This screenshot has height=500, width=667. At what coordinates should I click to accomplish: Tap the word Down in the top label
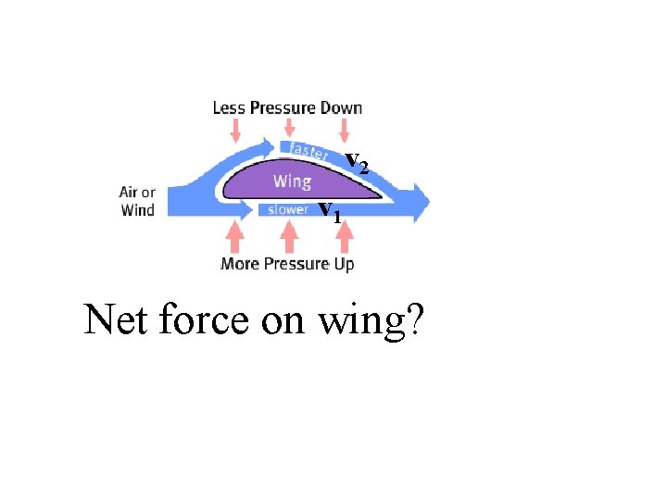pyautogui.click(x=341, y=107)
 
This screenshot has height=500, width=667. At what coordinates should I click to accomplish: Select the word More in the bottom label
pyautogui.click(x=240, y=264)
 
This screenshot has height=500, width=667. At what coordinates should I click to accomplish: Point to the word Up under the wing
pyautogui.click(x=343, y=264)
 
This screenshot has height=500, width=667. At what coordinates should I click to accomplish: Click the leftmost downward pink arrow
pyautogui.click(x=236, y=128)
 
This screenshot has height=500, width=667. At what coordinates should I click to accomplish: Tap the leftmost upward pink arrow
pyautogui.click(x=235, y=240)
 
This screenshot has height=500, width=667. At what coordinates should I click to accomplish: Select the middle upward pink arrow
pyautogui.click(x=290, y=239)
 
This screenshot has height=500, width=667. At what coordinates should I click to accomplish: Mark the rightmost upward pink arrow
pyautogui.click(x=344, y=239)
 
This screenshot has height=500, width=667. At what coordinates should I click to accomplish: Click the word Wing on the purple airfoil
pyautogui.click(x=292, y=181)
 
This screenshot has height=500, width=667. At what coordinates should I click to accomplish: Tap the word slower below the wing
pyautogui.click(x=288, y=209)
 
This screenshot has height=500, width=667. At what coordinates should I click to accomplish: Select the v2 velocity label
pyautogui.click(x=357, y=164)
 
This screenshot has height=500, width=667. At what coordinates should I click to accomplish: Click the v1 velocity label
pyautogui.click(x=330, y=212)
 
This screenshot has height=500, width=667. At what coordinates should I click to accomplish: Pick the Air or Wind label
pyautogui.click(x=138, y=201)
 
